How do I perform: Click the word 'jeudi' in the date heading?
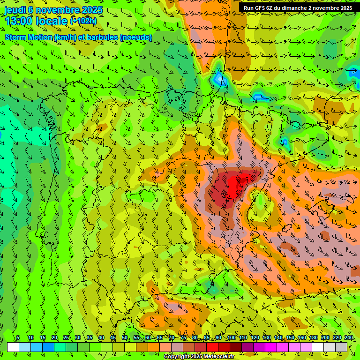click(x=15, y=10)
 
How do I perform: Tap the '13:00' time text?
click(x=19, y=21)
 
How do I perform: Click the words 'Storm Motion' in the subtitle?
click(x=29, y=37)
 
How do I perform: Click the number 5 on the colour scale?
click(x=18, y=338)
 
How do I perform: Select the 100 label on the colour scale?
click(x=231, y=338)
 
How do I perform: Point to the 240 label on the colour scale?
click(x=348, y=338)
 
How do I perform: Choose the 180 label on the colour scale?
click(x=313, y=338)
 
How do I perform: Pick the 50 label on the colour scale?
click(x=125, y=338)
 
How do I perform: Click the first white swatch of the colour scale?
click(x=13, y=347)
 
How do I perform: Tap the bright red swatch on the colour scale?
click(x=212, y=347)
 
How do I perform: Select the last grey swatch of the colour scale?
click(x=341, y=347)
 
